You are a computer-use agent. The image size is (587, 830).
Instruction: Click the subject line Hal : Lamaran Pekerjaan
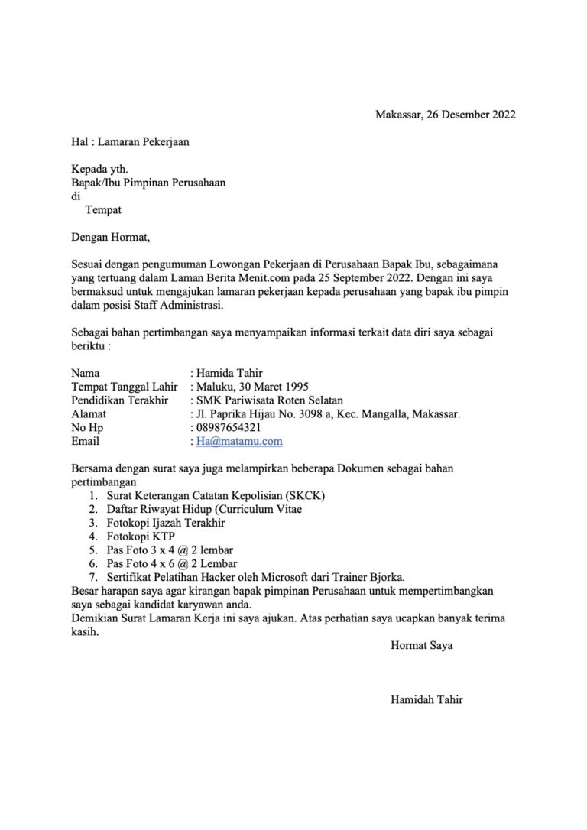[129, 141]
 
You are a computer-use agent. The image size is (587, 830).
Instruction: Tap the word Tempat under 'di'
[103, 209]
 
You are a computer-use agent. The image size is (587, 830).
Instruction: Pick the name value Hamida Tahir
[229, 373]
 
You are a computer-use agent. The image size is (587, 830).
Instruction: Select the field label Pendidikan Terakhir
[119, 400]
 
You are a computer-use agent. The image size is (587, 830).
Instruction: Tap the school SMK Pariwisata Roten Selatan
[270, 400]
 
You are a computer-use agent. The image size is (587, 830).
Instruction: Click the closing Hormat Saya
[421, 645]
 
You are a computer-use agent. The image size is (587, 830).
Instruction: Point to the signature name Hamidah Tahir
[426, 699]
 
